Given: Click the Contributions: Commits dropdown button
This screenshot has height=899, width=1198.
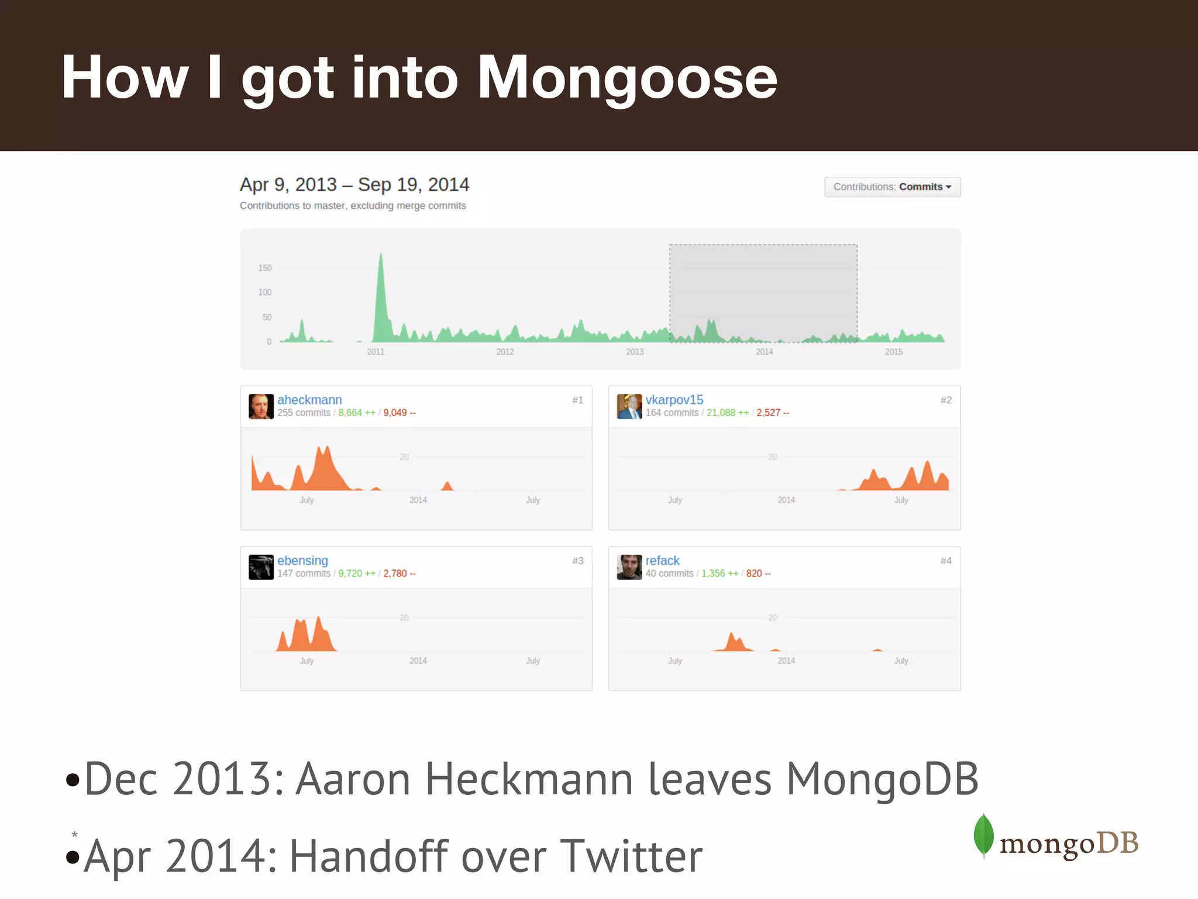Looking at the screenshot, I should point(892,187).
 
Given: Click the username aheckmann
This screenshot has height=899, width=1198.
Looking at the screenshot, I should point(309,400).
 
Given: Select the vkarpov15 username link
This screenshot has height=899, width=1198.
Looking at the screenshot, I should point(674,400).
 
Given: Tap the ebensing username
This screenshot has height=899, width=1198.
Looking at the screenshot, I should point(302,561).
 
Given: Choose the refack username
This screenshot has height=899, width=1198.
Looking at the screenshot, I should point(662,561).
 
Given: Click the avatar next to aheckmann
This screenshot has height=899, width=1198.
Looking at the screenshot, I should point(261,406).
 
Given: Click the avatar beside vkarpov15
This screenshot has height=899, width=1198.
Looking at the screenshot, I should point(629,406).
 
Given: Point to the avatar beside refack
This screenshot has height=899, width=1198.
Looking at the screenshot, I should point(629,567).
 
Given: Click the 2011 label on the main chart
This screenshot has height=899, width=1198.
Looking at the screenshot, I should point(376,352).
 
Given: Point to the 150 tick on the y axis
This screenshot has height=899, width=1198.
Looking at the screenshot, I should point(265,268).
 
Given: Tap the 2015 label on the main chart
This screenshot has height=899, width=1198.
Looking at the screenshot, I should point(893,352).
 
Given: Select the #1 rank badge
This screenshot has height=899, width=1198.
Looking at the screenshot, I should point(578,400).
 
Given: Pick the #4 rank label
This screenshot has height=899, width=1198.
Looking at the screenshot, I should point(946,561).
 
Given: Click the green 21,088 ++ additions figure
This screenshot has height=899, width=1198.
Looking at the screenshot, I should point(727,413).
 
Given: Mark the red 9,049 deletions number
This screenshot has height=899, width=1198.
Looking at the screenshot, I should point(399,413).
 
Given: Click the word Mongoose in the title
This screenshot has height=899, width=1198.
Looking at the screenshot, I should point(627,78).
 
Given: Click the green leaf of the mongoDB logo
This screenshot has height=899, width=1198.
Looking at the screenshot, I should point(983,835).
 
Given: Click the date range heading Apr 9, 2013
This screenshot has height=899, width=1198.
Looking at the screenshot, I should point(288,185).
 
